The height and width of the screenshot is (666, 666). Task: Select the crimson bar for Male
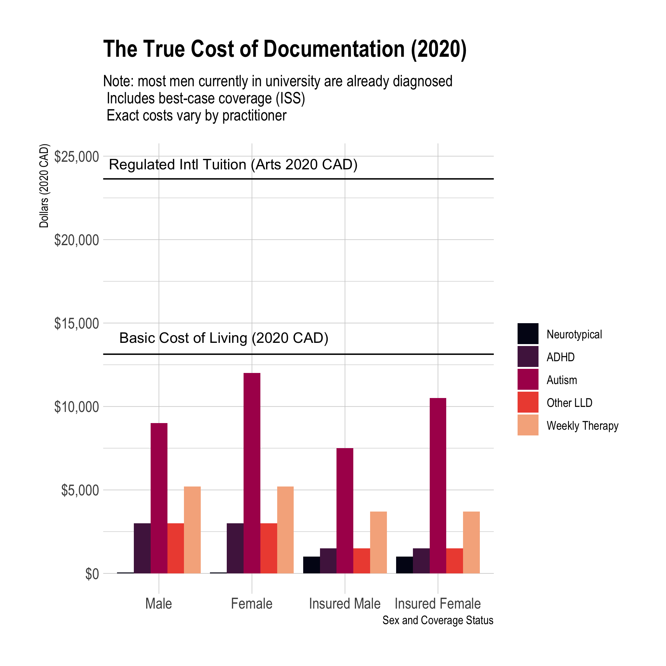(x=159, y=498)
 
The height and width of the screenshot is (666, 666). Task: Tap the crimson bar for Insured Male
(x=345, y=511)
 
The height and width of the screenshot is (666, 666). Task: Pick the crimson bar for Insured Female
(x=438, y=486)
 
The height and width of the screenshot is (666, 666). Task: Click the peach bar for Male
(x=193, y=530)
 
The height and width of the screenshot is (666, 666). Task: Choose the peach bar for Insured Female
(x=471, y=542)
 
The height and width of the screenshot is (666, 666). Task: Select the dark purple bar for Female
(x=235, y=548)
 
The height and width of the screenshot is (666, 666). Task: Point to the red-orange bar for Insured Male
(x=362, y=560)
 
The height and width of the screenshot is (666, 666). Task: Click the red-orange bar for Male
(x=175, y=548)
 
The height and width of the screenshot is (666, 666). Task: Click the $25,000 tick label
(x=76, y=157)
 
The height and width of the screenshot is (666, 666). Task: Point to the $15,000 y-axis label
(x=76, y=323)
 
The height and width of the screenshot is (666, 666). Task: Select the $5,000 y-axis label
(x=80, y=490)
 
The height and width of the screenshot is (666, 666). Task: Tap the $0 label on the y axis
(x=92, y=574)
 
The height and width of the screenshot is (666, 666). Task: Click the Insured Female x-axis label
(x=437, y=604)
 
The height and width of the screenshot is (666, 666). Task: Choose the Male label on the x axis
(x=159, y=604)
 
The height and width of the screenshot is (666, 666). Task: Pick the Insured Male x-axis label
(x=345, y=604)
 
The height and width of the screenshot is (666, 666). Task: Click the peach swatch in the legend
(x=528, y=425)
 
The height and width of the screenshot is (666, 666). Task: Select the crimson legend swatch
(x=528, y=379)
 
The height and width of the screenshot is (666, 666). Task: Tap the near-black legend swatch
(x=528, y=334)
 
